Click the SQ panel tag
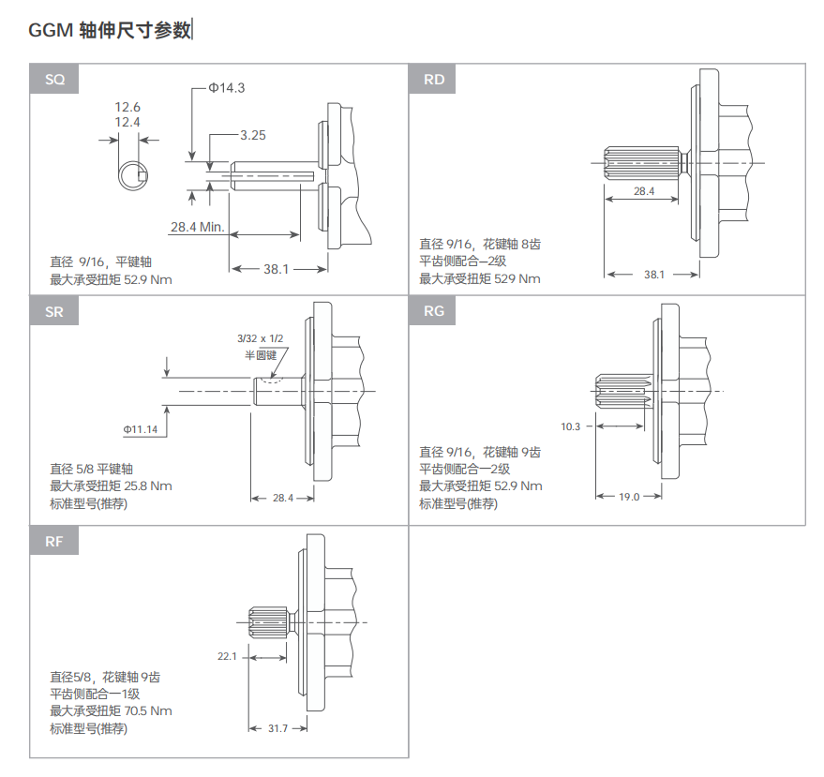point(54,80)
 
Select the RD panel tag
point(433,80)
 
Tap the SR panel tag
point(54,311)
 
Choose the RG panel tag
point(433,310)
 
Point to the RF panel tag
point(54,541)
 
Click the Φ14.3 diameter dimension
point(227,88)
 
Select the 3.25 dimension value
point(253,135)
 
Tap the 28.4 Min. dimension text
point(197,227)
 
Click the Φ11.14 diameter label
point(141,429)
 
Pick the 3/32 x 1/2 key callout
point(260,338)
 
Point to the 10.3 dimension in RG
point(570,426)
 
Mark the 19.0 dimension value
point(629,497)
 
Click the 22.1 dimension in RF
point(227,656)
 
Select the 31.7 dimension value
point(278,728)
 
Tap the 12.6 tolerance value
point(127,107)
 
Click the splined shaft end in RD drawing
point(641,163)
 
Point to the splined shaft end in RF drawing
point(268,622)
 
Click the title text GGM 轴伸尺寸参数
point(110,30)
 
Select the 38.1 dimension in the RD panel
point(654,275)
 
